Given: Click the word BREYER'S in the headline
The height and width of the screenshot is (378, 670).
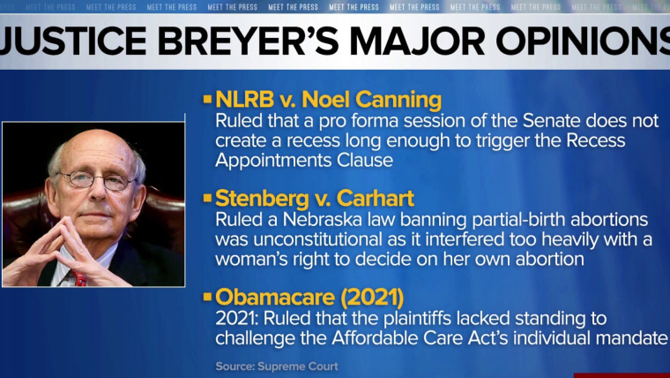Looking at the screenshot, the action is tap(248, 42).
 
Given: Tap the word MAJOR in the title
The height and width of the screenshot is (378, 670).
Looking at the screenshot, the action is tap(418, 42).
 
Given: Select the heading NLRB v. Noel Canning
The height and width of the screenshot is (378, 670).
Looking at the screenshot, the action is tap(328, 99).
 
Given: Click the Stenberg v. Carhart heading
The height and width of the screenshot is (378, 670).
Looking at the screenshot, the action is tap(315, 198).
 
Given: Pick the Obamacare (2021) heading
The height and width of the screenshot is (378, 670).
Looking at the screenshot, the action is tap(309, 298).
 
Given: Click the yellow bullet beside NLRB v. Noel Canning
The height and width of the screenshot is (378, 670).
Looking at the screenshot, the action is tap(208, 99).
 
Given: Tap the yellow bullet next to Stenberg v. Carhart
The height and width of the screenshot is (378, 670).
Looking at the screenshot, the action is tap(208, 198).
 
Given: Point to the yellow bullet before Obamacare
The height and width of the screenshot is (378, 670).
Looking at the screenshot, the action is tap(208, 297).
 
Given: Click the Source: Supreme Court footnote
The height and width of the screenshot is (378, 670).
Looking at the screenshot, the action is tap(277, 367).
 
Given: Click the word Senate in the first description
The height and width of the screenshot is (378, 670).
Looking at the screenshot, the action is tap(551, 121).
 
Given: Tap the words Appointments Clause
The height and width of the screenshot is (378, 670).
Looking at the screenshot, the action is tap(304, 162).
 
